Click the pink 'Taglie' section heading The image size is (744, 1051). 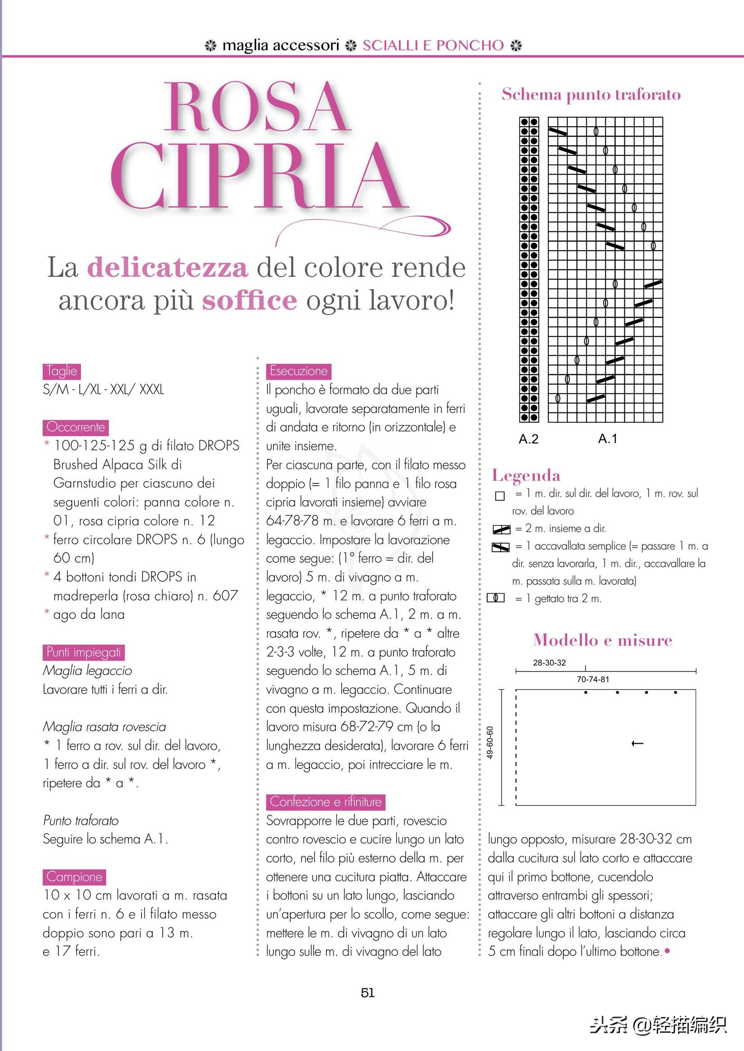coord(62,371)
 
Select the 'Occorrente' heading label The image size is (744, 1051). coord(76,427)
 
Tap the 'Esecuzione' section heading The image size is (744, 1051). coord(298,371)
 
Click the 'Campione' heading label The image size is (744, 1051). coord(74,877)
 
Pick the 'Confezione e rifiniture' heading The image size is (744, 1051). coord(325,802)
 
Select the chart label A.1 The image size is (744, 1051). coord(607,439)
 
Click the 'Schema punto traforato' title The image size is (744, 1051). coord(591,94)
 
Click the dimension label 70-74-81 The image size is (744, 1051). coord(593,679)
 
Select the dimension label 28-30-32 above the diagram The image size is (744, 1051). coord(549,662)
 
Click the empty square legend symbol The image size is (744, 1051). coord(500,496)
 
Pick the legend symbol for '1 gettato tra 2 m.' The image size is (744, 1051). coord(496,598)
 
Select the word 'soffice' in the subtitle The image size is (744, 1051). coord(250,301)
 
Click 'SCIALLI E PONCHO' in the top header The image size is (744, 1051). coord(433,45)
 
